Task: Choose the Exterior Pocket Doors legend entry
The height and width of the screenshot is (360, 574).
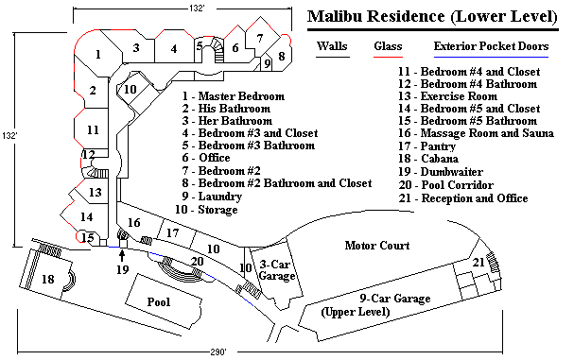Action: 491,45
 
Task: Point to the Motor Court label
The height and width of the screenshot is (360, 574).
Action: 376,246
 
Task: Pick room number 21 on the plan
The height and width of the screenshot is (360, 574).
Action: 478,262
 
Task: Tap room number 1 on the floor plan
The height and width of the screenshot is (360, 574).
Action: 98,56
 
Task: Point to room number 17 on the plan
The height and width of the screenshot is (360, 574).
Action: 172,232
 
